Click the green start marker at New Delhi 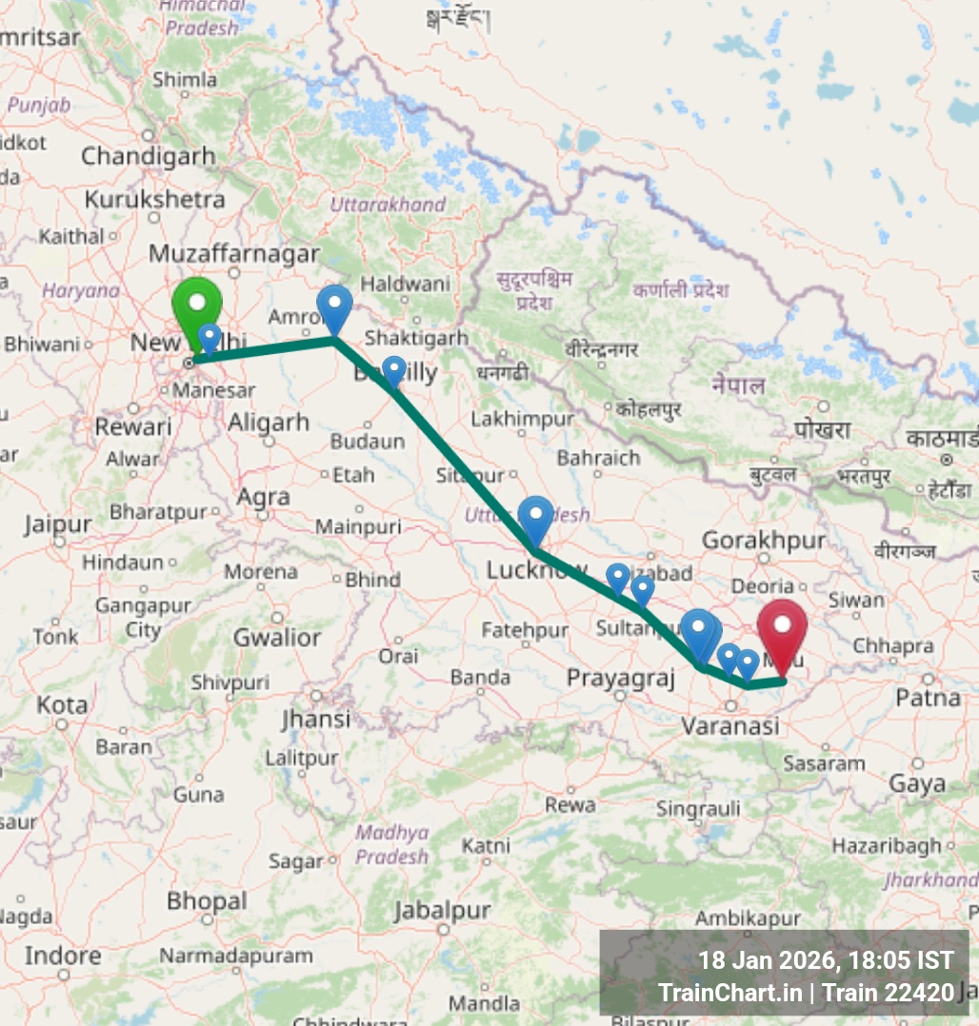(197, 306)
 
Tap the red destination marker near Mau (782, 628)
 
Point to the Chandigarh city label (148, 155)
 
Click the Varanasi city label (730, 726)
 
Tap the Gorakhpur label (764, 541)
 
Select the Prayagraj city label (620, 679)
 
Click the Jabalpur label (442, 911)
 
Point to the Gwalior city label (277, 637)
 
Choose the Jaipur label (58, 524)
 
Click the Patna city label (929, 698)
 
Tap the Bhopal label (207, 900)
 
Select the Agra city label (263, 497)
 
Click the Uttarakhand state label (388, 205)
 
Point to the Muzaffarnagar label (233, 254)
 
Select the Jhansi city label (316, 719)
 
